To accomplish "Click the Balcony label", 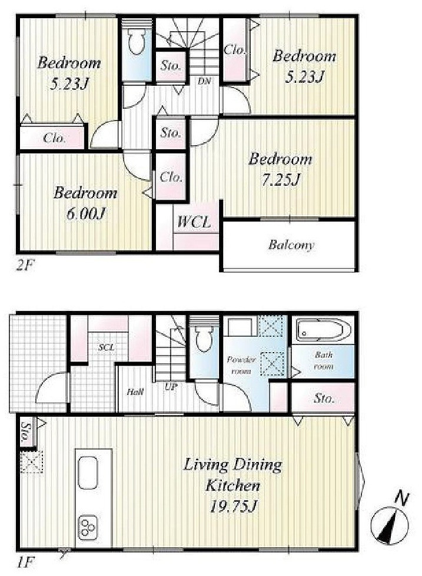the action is pos(291,245).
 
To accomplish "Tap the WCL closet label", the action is pos(194,222).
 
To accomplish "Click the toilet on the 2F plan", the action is pos(137,41).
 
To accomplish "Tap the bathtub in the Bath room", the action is pos(320,330).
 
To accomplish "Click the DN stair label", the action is pos(204,81).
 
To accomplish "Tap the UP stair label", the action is pos(171,387).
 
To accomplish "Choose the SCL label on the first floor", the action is pos(107,347).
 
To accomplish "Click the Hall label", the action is pos(135,391).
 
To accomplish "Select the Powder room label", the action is pos(241,365).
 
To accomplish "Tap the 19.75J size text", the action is pos(232,507).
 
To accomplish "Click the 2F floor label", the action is pos(25,265).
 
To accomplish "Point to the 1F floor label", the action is pos(25,562).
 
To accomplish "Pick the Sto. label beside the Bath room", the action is pos(324,398).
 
